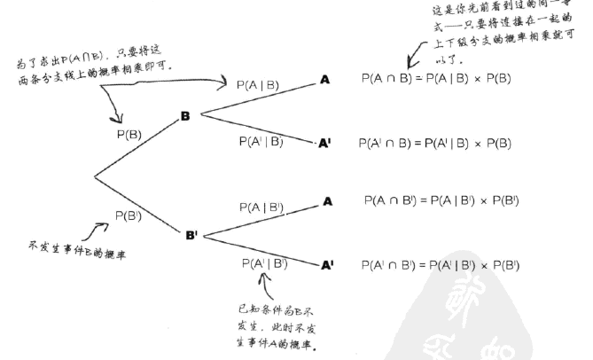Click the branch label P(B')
[132, 215]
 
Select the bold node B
[185, 116]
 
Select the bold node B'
[191, 236]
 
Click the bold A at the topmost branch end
[325, 80]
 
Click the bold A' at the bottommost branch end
[328, 265]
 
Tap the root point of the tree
[95, 176]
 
